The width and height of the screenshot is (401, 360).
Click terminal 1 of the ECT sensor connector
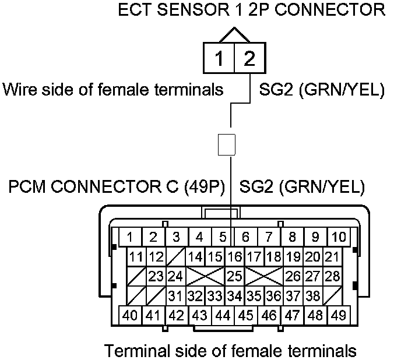click(x=219, y=58)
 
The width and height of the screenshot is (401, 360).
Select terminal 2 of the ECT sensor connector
click(x=249, y=58)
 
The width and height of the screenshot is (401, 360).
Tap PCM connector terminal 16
click(x=234, y=257)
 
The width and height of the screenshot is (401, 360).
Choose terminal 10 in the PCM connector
click(x=338, y=237)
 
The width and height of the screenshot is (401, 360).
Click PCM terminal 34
click(x=234, y=295)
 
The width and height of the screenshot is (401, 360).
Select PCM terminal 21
click(x=332, y=257)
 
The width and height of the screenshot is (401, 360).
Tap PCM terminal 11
click(x=136, y=257)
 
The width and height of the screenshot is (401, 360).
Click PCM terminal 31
click(x=175, y=295)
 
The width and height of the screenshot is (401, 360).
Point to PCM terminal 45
click(x=246, y=315)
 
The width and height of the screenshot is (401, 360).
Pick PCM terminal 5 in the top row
click(x=222, y=237)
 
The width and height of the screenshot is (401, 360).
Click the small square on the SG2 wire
click(x=226, y=144)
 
